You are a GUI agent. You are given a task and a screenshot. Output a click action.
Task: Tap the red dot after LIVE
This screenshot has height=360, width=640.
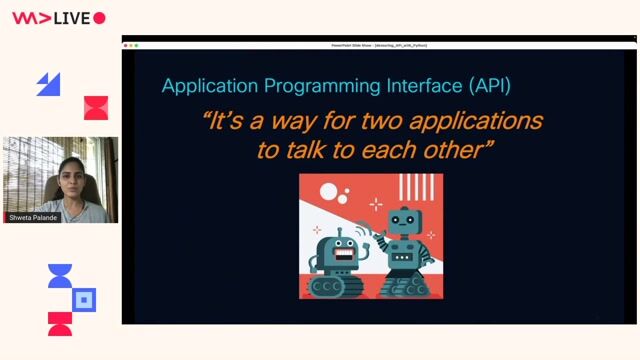click(x=99, y=18)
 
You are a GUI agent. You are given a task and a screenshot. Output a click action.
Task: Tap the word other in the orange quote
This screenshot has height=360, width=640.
click(x=457, y=151)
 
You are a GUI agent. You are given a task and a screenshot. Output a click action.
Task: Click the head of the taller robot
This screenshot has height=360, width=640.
click(x=403, y=221)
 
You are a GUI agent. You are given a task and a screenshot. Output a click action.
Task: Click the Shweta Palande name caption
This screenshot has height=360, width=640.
click(x=34, y=217)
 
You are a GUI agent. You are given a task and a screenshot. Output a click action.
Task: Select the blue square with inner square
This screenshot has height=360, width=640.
click(x=85, y=298)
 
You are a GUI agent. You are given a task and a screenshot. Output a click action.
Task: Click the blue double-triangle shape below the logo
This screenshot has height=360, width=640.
click(x=49, y=84)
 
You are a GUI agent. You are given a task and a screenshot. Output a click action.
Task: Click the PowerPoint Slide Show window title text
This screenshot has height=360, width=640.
click(x=379, y=45)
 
